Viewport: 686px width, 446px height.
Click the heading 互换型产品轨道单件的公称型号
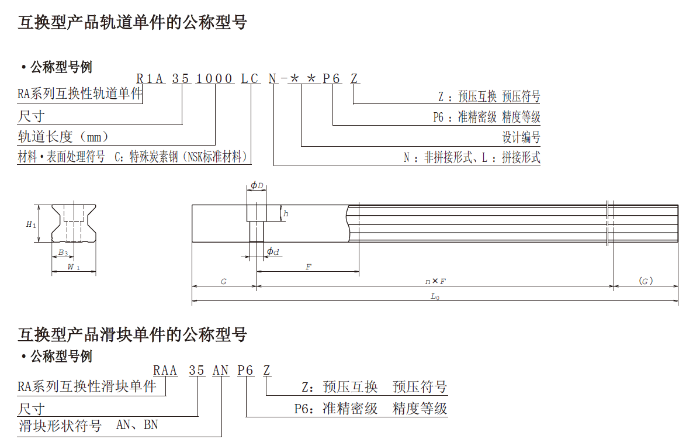[133, 23]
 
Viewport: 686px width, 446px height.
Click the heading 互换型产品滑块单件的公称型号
[133, 335]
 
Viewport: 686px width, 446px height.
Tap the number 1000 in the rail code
[214, 79]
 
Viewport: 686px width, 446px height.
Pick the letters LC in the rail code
[251, 79]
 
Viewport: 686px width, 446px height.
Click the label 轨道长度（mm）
[64, 137]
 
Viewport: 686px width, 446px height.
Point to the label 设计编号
[521, 137]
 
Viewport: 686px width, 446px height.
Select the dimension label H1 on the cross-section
[32, 224]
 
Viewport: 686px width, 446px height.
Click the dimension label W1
[74, 267]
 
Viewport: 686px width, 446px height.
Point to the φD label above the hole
[257, 186]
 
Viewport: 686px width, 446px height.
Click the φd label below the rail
[273, 251]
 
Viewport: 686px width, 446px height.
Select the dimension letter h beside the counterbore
[286, 214]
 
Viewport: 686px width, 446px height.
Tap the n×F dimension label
[435, 281]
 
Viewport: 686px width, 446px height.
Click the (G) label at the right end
[646, 281]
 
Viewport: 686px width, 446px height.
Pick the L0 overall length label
[435, 296]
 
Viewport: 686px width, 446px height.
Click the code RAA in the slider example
[165, 371]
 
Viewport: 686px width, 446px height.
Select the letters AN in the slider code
[220, 371]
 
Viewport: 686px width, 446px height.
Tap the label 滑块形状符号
[60, 426]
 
